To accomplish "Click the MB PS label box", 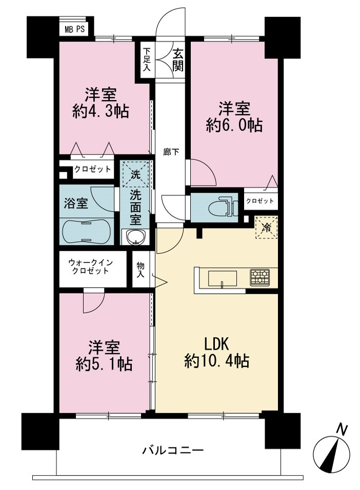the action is click(74, 29).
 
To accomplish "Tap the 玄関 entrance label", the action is click(177, 60).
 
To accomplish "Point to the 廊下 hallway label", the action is click(171, 152).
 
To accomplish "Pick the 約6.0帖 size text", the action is click(234, 125).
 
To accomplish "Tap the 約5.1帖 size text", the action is click(104, 364).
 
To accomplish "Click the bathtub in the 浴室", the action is click(86, 231).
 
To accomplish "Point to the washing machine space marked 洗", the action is click(136, 174).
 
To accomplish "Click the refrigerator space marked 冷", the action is click(266, 227).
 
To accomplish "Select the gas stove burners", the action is click(259, 277).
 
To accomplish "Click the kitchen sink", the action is click(223, 278).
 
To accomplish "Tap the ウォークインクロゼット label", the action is click(90, 267).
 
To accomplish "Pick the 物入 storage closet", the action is click(141, 270).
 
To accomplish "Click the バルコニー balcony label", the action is click(173, 451).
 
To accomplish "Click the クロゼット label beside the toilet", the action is click(260, 200).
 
